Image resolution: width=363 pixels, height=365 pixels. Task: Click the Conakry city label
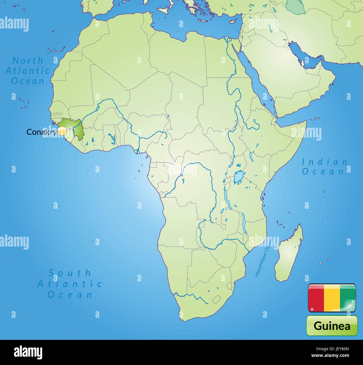click(41, 132)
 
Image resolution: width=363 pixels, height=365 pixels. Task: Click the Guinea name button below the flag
click(332, 326)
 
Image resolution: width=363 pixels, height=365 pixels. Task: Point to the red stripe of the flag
click(316, 298)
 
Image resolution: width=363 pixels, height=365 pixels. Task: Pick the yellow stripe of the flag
click(332, 298)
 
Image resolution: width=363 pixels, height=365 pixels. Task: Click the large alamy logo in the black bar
click(28, 352)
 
